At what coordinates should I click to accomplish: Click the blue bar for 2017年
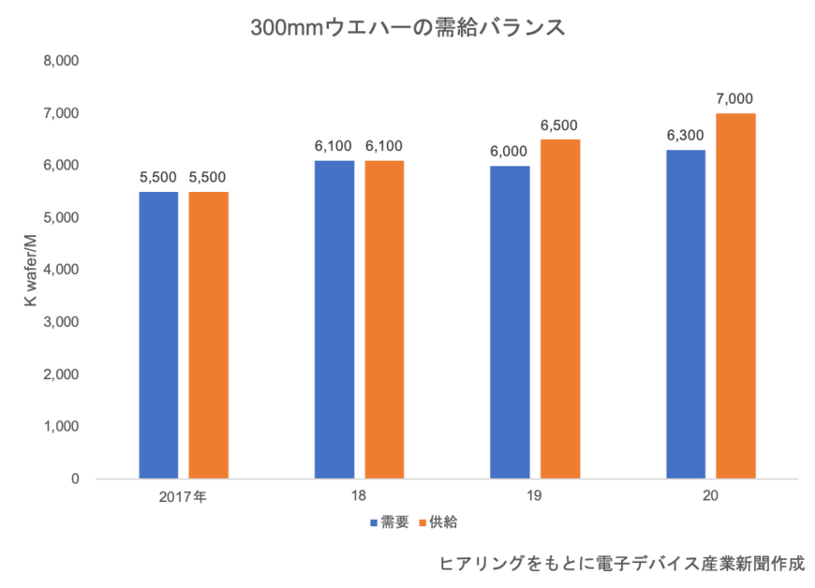(158, 334)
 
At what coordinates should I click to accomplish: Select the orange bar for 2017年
(208, 334)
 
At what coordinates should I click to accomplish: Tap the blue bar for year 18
(334, 318)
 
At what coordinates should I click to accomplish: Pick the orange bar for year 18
(384, 318)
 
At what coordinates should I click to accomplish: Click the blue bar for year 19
(511, 321)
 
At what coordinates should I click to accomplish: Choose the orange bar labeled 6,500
(560, 308)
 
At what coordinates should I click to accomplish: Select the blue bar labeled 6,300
(686, 314)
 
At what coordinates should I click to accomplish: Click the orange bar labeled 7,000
(735, 295)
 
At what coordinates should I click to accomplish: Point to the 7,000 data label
(735, 98)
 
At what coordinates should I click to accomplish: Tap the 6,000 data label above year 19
(511, 151)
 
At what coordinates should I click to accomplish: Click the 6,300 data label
(686, 135)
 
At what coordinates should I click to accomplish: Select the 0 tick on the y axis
(74, 479)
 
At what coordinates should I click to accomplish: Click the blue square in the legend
(373, 522)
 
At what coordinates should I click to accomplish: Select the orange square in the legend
(422, 522)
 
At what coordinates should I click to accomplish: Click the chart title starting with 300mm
(407, 28)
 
